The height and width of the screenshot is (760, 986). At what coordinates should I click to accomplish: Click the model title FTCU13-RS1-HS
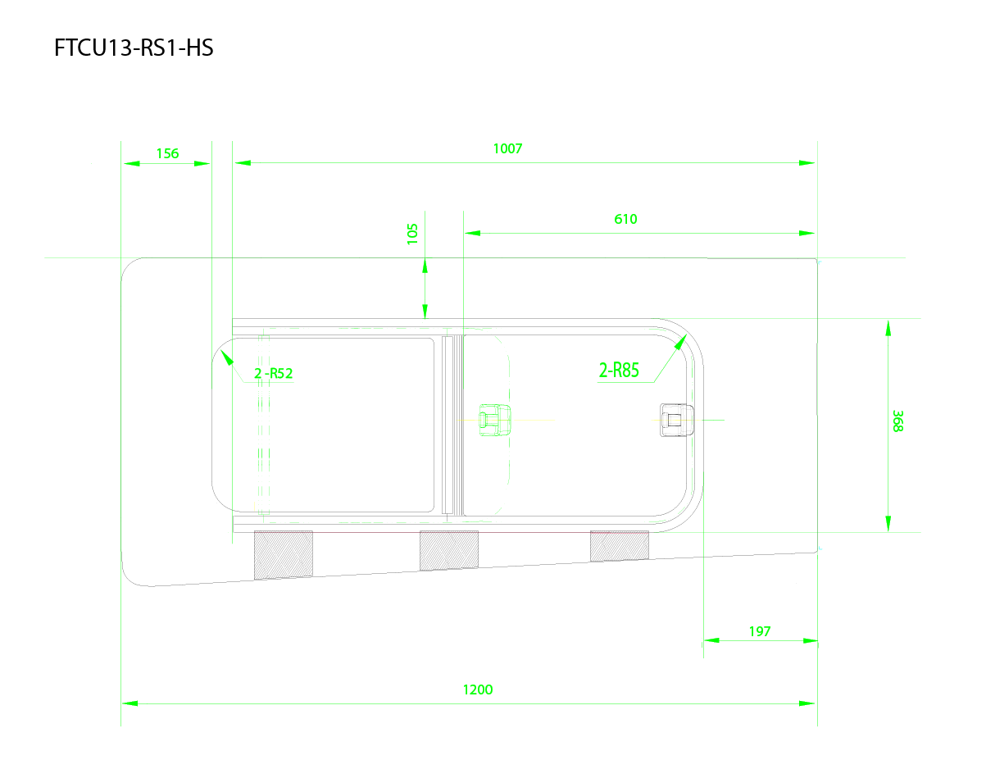point(134,48)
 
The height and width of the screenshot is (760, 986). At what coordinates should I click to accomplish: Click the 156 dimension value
point(167,153)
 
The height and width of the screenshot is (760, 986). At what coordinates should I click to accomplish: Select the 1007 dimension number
point(507,148)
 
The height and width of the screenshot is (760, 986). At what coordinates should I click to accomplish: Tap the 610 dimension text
point(625,219)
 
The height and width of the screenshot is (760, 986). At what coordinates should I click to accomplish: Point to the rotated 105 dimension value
point(412,234)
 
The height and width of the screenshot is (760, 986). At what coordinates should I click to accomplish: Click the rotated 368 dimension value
point(897,421)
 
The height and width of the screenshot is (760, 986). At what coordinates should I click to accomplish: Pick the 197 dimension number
point(760,631)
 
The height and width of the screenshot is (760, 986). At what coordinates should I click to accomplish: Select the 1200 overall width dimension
point(478,689)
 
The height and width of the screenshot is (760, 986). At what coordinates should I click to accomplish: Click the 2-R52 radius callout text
point(273,373)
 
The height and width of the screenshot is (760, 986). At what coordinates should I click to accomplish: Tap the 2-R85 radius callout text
point(619,371)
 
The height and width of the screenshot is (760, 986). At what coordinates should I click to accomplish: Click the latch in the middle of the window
point(494,420)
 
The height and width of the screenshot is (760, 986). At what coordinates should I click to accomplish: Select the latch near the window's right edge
point(676,420)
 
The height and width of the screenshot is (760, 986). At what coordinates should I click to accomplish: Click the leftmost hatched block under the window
point(283,555)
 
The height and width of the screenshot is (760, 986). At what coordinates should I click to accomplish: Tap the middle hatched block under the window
point(449,550)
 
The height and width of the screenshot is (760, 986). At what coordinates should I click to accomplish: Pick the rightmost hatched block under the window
point(620,546)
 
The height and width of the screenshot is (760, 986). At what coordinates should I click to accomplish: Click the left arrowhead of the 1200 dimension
point(129,703)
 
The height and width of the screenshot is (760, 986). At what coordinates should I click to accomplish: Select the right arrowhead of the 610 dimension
point(807,233)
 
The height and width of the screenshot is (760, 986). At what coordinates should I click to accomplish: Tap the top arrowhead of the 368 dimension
point(888,328)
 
